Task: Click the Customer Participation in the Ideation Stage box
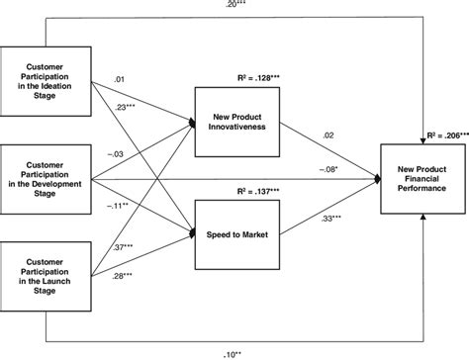point(47,73)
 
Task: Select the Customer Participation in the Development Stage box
point(47,178)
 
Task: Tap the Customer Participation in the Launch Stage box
point(47,282)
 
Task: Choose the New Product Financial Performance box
point(423,179)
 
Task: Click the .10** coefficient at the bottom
point(235,351)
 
